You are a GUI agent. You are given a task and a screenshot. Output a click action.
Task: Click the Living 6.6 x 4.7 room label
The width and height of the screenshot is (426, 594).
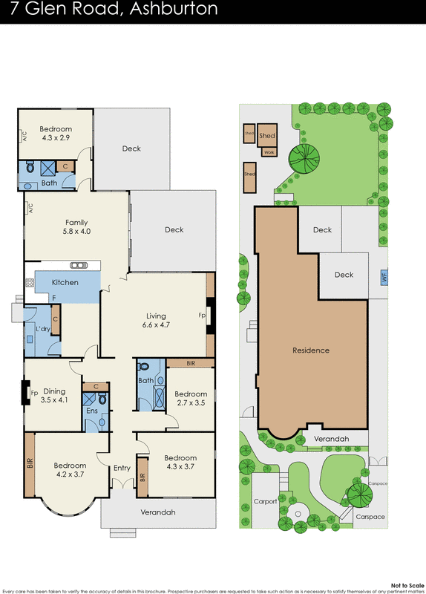[x=156, y=320]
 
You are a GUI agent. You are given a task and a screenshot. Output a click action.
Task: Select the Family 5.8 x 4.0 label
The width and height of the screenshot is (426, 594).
[x=76, y=226]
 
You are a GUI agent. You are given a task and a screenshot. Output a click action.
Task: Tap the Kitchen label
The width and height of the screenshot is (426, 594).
[x=65, y=282]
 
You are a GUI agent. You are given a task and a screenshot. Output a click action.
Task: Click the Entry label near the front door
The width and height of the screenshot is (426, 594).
[x=122, y=468]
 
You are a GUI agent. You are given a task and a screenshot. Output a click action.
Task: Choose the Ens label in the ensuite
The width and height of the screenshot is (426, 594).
[x=92, y=411]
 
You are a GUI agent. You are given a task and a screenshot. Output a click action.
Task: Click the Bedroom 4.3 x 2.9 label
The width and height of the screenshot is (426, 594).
[x=56, y=134]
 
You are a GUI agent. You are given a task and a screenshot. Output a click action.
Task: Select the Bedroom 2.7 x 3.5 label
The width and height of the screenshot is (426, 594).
[x=191, y=398]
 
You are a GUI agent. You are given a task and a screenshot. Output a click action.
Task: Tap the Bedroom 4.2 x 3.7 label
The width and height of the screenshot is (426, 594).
[x=70, y=471]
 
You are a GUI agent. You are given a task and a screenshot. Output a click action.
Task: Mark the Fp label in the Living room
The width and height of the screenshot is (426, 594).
[x=202, y=315]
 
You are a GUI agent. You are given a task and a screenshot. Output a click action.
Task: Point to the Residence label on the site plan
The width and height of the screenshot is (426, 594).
[x=310, y=350]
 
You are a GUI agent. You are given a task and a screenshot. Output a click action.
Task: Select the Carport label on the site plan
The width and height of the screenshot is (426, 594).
[x=265, y=501]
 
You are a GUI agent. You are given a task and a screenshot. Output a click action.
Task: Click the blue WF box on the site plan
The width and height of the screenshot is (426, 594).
[x=384, y=277]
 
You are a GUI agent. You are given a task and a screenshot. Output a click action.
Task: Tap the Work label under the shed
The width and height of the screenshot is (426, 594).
[x=268, y=152]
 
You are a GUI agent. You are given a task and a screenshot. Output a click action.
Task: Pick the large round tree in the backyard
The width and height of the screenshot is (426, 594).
[x=304, y=157]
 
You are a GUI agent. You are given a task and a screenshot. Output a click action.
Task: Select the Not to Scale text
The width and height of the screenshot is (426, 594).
[x=404, y=585]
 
